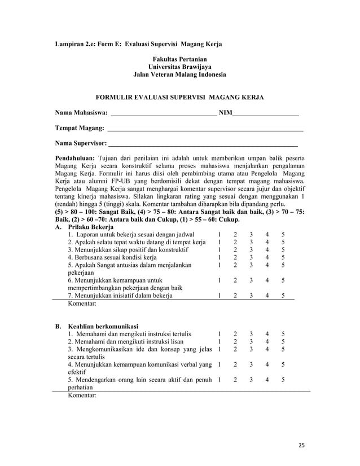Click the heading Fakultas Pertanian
coord(179,59)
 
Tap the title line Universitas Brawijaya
coord(179,67)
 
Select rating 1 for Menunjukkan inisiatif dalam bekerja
coord(219,295)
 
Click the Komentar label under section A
coord(82,304)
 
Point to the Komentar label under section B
coord(82,395)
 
